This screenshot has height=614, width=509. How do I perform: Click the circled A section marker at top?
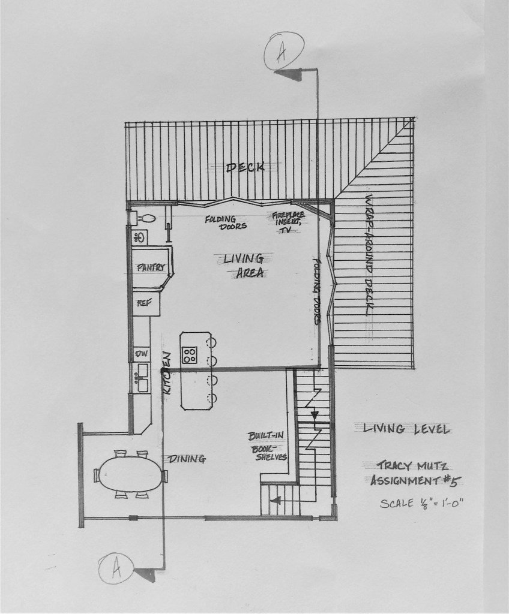[x=285, y=51]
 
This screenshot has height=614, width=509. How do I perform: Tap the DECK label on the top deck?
[x=245, y=167]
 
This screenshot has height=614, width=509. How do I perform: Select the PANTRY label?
[x=151, y=267]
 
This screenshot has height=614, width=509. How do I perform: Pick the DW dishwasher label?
[x=141, y=354]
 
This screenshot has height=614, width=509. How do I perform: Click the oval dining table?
[x=131, y=475]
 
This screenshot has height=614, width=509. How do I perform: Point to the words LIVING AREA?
[x=243, y=266]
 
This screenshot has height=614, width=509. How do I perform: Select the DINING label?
[x=187, y=459]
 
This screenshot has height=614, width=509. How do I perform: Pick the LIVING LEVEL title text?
[x=401, y=428]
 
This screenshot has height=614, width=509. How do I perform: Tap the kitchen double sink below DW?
[x=142, y=378]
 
